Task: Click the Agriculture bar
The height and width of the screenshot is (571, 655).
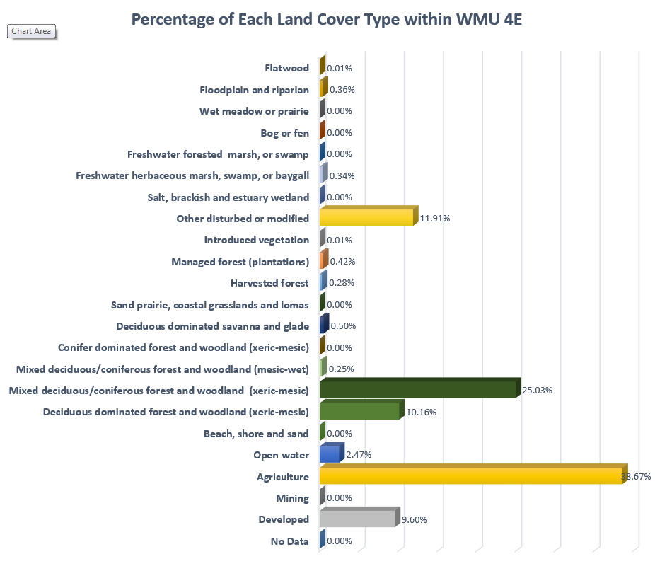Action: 470,476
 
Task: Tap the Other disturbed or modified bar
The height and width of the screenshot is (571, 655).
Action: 366,217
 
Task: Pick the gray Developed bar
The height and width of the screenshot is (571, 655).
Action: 357,519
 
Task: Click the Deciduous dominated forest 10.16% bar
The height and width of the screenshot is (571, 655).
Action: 359,411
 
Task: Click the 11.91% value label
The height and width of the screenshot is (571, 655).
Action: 434,219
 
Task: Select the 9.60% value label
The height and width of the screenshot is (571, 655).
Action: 414,520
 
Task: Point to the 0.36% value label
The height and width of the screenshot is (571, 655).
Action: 341,90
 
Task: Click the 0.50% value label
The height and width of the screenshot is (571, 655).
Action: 343,326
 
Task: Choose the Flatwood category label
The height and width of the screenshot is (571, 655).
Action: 286,68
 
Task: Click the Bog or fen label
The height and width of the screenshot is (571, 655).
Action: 285,132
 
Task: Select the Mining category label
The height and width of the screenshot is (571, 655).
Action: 293,498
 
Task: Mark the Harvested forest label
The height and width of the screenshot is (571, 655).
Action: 269,283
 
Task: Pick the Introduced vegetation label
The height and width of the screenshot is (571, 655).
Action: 256,240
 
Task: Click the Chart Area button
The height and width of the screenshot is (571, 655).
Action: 31,31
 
